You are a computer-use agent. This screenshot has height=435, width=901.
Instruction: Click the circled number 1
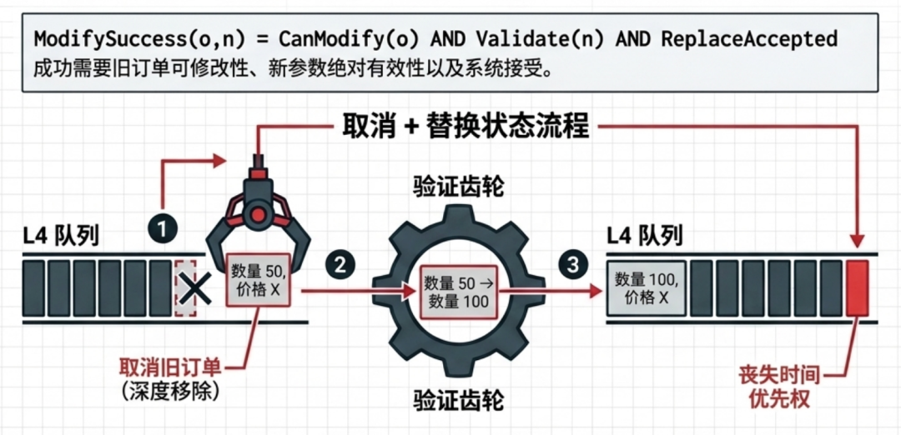click(x=163, y=229)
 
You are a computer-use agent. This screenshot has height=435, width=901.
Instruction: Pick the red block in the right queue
click(x=858, y=287)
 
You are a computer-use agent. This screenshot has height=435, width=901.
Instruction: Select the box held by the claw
click(x=259, y=279)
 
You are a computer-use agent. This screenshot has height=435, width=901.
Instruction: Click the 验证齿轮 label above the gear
click(x=458, y=187)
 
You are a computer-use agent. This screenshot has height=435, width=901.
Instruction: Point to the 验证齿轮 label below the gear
click(x=458, y=401)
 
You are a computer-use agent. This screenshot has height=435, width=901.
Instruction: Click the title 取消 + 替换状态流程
click(x=466, y=127)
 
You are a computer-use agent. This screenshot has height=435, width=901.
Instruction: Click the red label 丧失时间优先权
click(x=778, y=387)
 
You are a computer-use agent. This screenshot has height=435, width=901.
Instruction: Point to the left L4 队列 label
click(x=62, y=237)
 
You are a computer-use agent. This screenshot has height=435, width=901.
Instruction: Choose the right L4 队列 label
click(x=645, y=237)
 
